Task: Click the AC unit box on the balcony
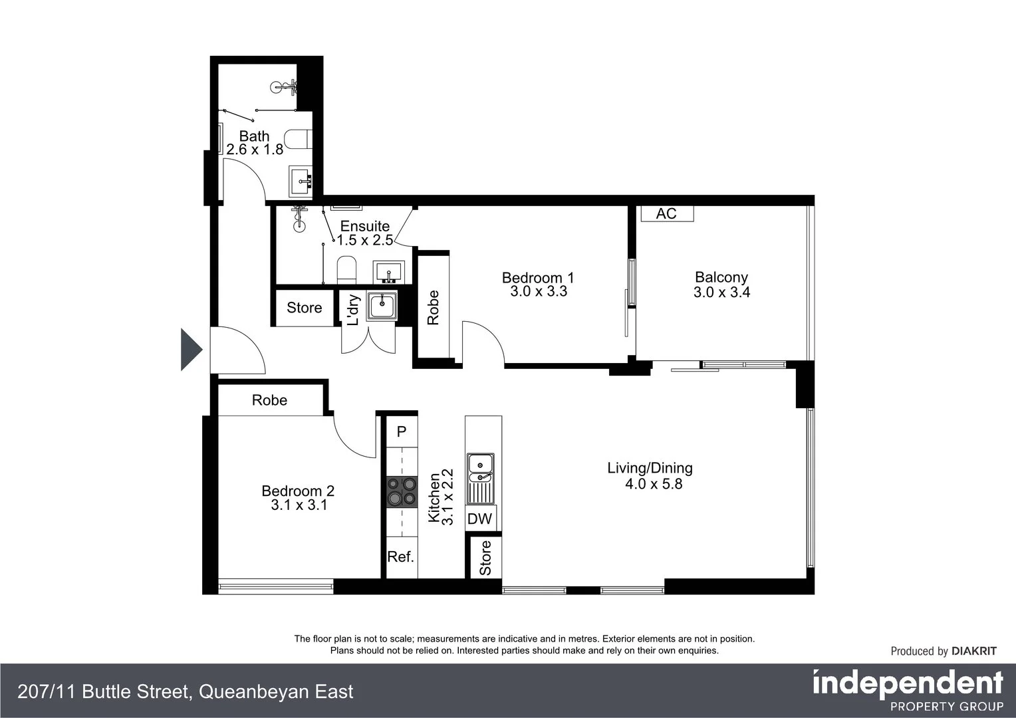(666, 213)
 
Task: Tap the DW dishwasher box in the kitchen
(479, 519)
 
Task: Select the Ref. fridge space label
(400, 557)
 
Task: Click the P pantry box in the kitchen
(401, 432)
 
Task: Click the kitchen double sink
(480, 467)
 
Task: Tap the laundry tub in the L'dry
(382, 306)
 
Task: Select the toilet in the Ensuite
(346, 269)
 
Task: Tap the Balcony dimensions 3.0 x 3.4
(721, 293)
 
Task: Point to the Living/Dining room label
(650, 468)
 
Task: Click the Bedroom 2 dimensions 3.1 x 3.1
(298, 505)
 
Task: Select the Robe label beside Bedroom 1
(433, 307)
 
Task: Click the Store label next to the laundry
(304, 308)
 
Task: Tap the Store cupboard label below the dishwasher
(485, 558)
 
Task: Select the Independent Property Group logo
(908, 691)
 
